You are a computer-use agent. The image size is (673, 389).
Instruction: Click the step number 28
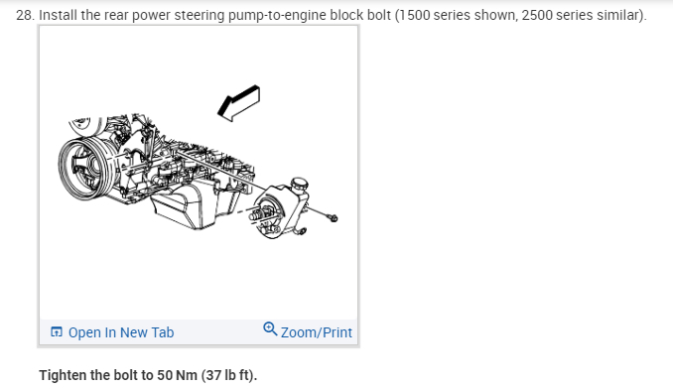pyautogui.click(x=25, y=16)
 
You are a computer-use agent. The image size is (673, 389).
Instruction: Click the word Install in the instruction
pyautogui.click(x=58, y=15)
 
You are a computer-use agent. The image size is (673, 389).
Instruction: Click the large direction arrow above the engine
pyautogui.click(x=238, y=103)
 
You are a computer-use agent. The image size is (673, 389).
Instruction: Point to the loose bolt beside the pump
pyautogui.click(x=333, y=218)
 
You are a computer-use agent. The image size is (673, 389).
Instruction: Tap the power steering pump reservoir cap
pyautogui.click(x=299, y=184)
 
